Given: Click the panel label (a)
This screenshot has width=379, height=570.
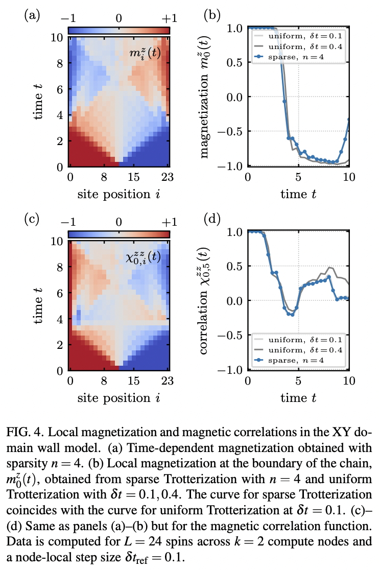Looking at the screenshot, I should pos(32,15).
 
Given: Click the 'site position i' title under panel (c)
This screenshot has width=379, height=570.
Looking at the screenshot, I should pos(119,396).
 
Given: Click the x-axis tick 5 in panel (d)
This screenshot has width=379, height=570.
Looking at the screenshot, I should pos(298,381).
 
